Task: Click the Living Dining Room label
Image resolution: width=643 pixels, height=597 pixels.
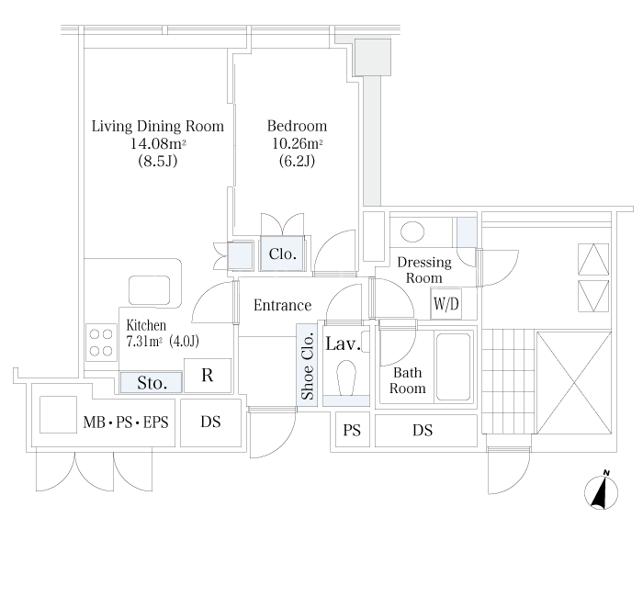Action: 158,126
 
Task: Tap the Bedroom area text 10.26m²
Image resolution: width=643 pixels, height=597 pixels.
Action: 298,143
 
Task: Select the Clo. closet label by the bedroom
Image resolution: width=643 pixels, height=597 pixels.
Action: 283,253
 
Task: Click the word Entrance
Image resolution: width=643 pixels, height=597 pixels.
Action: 283,305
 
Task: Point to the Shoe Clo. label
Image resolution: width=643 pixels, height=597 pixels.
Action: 307,366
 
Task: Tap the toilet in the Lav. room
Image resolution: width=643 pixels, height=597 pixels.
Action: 346,377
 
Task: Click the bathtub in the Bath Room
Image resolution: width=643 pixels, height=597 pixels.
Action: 453,366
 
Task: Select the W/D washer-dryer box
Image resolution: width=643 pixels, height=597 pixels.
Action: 446,304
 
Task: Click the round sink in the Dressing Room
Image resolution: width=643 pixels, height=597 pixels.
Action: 412,231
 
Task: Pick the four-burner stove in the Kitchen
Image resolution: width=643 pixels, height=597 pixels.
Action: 101,343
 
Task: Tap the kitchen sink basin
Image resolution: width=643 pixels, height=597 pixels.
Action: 149,290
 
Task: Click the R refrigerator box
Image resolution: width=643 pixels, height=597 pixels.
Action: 208,375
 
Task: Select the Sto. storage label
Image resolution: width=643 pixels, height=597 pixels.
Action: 152,383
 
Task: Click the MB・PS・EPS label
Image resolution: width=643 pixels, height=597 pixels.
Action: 126,422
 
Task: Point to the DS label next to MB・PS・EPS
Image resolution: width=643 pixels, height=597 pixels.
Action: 210,422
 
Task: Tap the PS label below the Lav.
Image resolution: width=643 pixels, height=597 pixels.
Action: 352,431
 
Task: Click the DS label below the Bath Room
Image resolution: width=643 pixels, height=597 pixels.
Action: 423,431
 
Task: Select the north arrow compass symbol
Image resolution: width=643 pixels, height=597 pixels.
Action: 601,491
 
